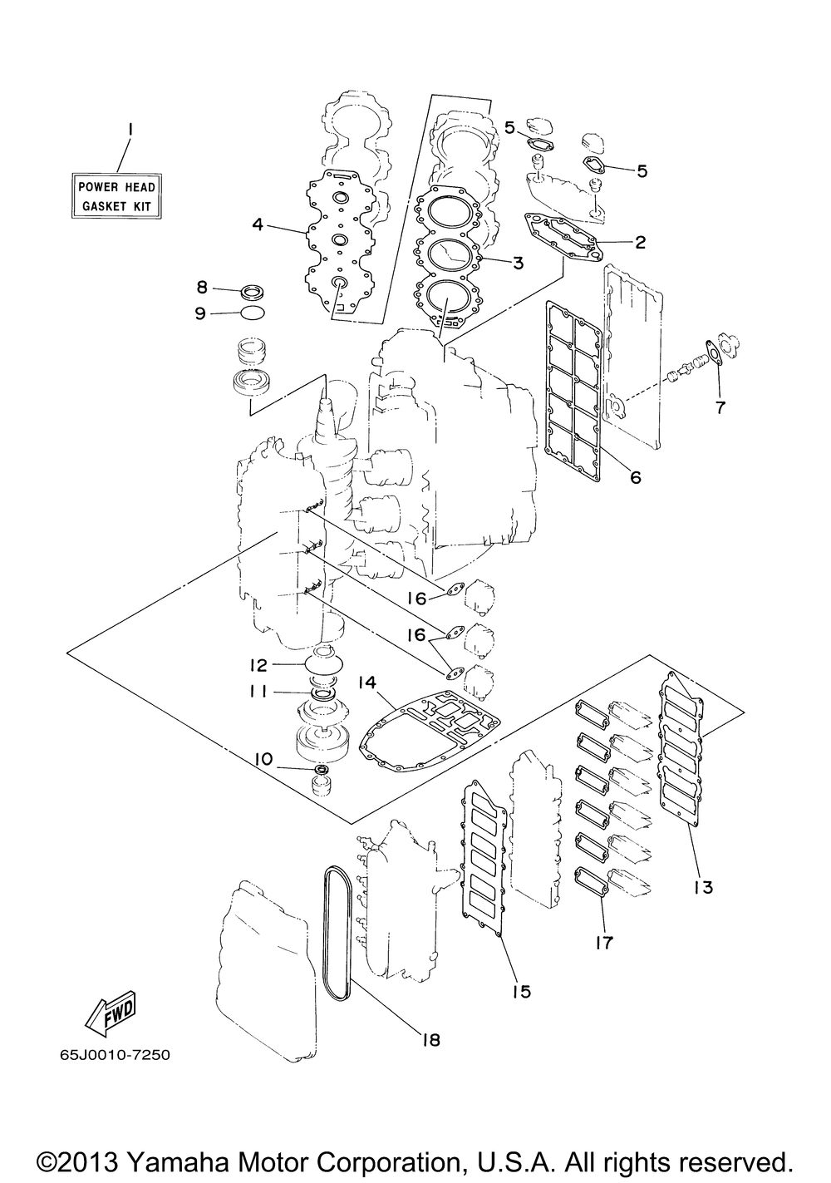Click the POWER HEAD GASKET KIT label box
(116, 195)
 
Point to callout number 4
(258, 224)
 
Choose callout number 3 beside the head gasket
(517, 264)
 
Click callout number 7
(720, 407)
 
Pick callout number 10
(263, 758)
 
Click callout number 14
(367, 683)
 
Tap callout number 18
(430, 1038)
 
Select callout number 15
(522, 991)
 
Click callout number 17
(604, 943)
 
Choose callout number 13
(703, 887)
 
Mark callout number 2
(639, 243)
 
